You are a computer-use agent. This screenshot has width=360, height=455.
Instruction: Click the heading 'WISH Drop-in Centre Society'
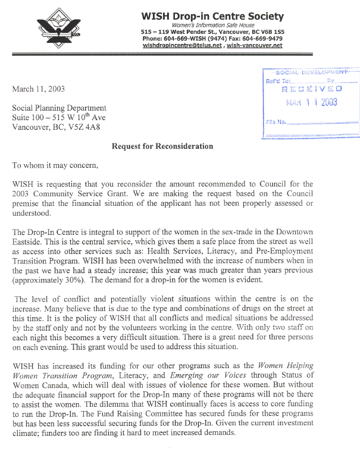tap(212, 16)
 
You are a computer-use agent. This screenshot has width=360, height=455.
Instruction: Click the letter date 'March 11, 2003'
tap(38, 89)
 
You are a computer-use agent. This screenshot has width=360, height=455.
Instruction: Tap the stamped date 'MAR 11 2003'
tap(311, 102)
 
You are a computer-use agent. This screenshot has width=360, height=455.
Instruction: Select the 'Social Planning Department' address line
tap(60, 108)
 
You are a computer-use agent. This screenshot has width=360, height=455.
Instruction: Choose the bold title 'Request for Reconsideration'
tap(162, 146)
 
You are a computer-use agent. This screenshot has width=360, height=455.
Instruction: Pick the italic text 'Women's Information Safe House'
tap(212, 25)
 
